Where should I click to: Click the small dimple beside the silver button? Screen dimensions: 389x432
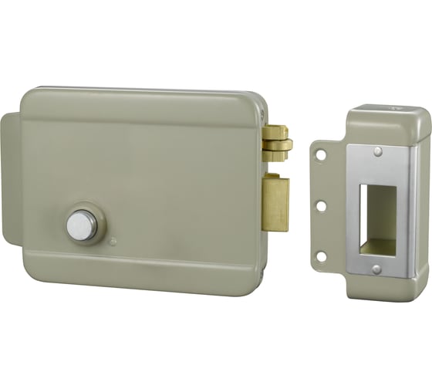pos(113,242)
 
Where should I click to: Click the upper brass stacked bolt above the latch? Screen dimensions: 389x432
pos(277,144)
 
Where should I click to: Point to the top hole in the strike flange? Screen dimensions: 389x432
pos(321,154)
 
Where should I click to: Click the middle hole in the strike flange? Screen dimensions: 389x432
pos(321,205)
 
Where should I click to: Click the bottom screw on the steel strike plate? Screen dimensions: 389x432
pos(376,269)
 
